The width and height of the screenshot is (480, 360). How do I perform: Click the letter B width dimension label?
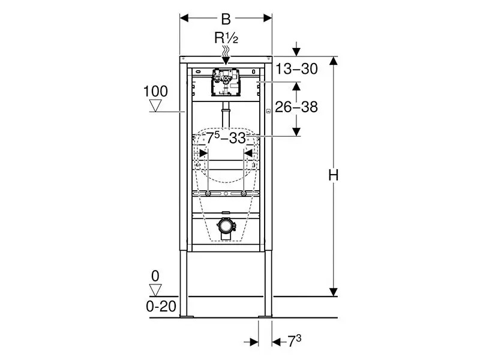[x=226, y=19]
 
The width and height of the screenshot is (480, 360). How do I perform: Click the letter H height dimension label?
[x=334, y=176]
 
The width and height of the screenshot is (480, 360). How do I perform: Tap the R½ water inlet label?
[x=226, y=38]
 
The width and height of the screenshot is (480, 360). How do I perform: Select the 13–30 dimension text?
[x=296, y=69]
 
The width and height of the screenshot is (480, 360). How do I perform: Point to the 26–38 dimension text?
[x=296, y=107]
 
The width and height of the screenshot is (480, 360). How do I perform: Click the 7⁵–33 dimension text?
[x=226, y=138]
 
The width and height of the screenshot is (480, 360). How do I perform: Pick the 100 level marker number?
[x=155, y=91]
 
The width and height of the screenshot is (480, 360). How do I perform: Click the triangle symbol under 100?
[x=155, y=106]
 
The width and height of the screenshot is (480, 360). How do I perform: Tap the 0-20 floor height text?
[x=161, y=306]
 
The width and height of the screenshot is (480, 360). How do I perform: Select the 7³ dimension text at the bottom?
[x=294, y=341]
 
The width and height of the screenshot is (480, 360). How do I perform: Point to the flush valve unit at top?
[x=226, y=82]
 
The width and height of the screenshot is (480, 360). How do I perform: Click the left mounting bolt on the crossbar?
[x=208, y=193]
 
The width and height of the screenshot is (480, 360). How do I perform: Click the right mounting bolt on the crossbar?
[x=244, y=193]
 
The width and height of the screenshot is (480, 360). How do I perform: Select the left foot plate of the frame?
[x=187, y=316]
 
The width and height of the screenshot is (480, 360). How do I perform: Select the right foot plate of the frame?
[x=265, y=316]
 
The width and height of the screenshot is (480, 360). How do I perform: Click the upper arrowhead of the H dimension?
[x=334, y=61]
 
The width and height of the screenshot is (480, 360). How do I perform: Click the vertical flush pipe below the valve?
[x=226, y=114]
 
